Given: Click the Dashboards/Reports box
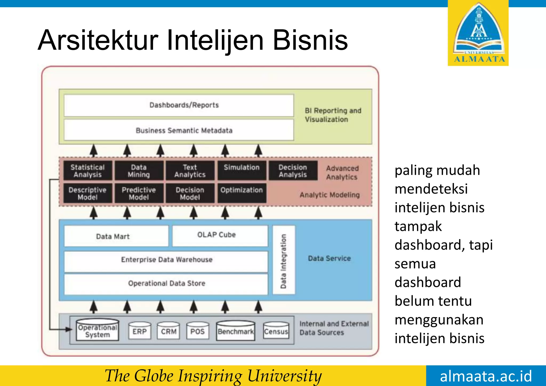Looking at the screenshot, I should (x=179, y=105).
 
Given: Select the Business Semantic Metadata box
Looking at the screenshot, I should (x=179, y=130).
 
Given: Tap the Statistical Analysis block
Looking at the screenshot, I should (x=88, y=171).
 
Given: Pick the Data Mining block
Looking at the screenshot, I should (x=139, y=171).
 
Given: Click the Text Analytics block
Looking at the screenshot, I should (x=190, y=171).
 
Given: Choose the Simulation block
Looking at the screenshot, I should (x=242, y=170).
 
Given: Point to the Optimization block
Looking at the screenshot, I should (x=242, y=193).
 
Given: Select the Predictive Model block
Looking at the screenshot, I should (x=139, y=193).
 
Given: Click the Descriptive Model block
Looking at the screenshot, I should (x=88, y=193).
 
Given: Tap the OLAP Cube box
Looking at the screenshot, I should (x=220, y=236).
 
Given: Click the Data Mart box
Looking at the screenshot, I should (x=116, y=236).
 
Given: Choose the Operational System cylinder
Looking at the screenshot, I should (x=98, y=330).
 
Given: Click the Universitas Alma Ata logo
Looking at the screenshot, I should (x=478, y=33).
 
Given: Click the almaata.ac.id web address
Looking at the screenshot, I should (x=486, y=376).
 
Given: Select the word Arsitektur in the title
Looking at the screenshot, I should (x=98, y=41).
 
